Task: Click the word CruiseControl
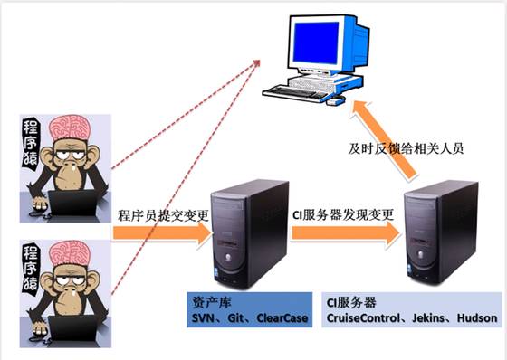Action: tap(364, 319)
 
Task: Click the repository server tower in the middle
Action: tap(244, 235)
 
